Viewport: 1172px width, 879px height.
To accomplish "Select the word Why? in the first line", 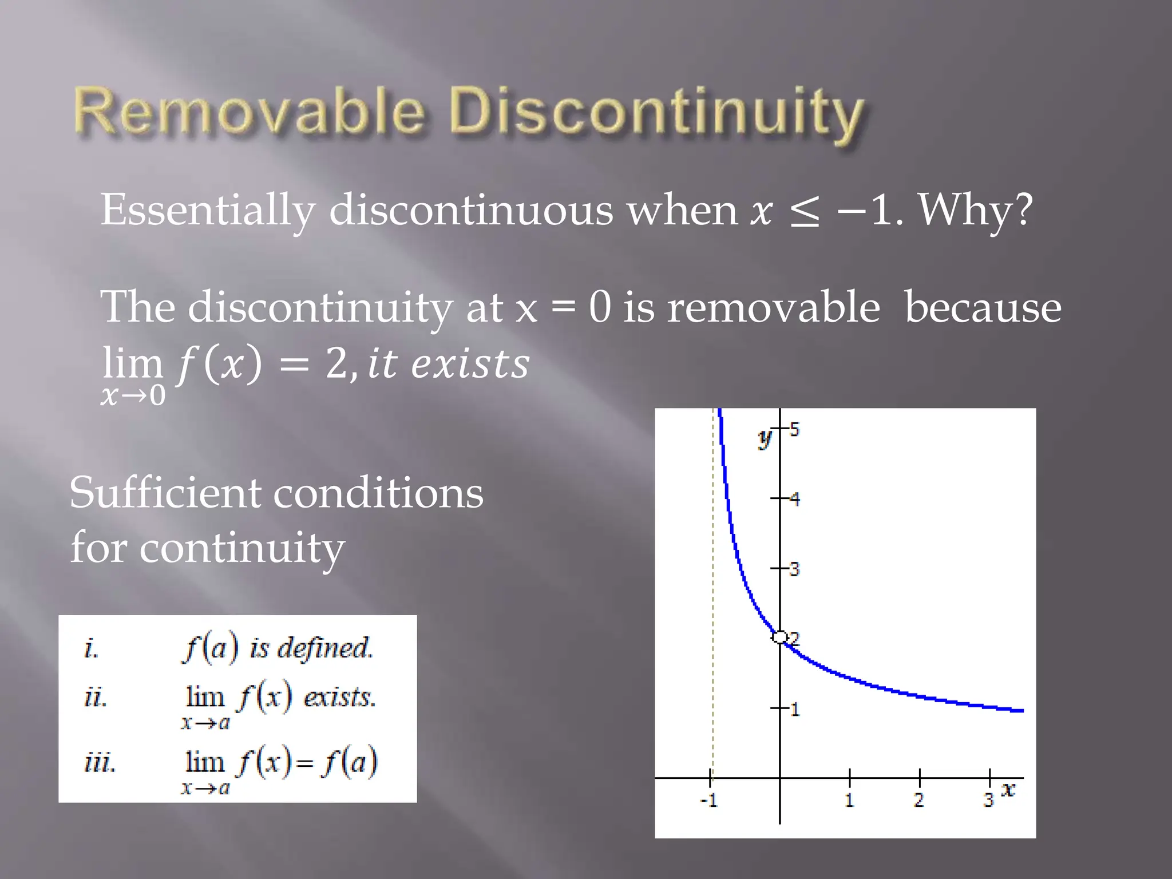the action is tap(976, 211).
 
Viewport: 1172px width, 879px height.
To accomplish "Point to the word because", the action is tap(983, 307).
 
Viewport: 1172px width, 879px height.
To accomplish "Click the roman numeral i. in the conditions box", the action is tap(91, 648).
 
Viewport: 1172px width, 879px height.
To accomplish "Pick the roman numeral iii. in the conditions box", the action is tap(100, 763).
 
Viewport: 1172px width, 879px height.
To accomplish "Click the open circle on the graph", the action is tap(779, 637).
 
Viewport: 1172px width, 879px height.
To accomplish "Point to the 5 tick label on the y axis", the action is tap(794, 429).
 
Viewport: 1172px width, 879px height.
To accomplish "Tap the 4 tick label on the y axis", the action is tap(794, 499).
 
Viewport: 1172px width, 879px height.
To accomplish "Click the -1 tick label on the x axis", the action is tap(709, 800).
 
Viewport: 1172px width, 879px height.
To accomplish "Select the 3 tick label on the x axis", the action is tap(988, 800).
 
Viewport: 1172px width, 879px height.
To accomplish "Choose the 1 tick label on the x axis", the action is tap(849, 800).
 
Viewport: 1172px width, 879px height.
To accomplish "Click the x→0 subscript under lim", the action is tap(133, 395).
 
